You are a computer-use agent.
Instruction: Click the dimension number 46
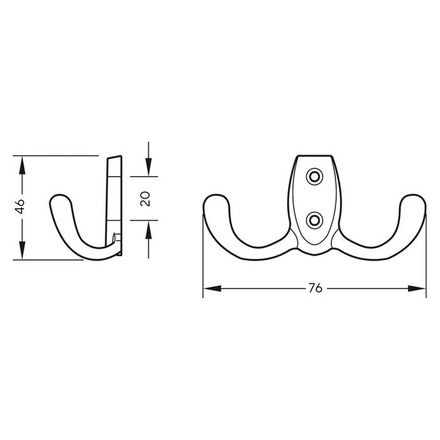pos(20,207)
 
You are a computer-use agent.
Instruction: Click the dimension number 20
pos(146,199)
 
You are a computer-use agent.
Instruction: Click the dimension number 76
pos(315,289)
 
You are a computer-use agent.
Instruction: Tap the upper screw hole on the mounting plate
pos(313,177)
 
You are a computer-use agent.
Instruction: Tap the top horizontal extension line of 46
pos(57,154)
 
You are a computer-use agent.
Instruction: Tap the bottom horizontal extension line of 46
pos(50,261)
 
